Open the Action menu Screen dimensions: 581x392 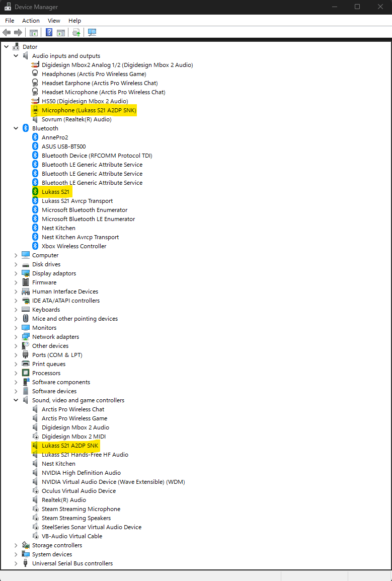point(31,21)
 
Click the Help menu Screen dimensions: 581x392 point(74,21)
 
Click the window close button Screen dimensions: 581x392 point(380,7)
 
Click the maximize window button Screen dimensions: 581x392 point(357,7)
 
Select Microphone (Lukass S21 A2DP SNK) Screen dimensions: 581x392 point(89,110)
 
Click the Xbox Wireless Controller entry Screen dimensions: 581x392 point(74,246)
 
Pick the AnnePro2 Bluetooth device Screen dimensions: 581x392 point(55,137)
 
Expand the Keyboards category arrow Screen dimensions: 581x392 point(16,310)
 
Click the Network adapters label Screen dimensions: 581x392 point(55,337)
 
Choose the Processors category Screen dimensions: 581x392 point(46,373)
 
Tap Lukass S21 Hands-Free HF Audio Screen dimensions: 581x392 point(85,455)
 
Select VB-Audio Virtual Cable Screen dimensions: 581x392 point(72,536)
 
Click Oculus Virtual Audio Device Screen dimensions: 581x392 point(79,491)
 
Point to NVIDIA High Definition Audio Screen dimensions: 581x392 point(81,473)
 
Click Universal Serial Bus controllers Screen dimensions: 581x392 point(72,563)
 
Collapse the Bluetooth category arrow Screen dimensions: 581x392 point(16,128)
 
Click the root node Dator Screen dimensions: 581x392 point(30,47)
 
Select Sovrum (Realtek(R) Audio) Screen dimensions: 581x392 point(76,119)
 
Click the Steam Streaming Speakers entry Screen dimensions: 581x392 point(76,518)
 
